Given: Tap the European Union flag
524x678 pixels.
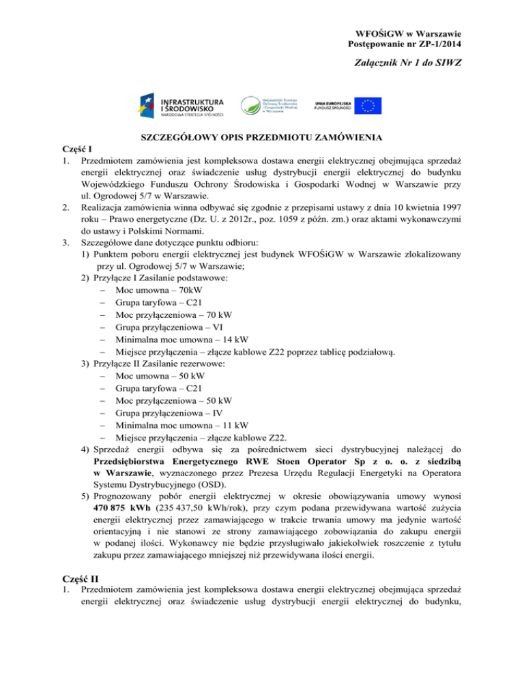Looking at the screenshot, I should click(371, 105).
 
